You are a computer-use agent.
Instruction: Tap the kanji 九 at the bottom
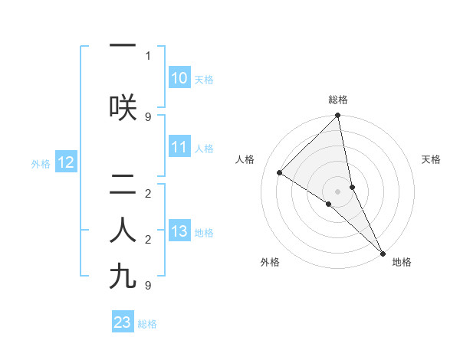[123, 277]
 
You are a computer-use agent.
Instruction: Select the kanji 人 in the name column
[123, 231]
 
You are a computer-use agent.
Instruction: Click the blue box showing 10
[179, 78]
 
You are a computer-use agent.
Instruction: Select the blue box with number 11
[179, 148]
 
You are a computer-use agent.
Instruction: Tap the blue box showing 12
[66, 162]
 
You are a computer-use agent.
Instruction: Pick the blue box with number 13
[179, 232]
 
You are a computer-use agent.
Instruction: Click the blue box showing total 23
[123, 322]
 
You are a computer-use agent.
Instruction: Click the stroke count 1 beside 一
[148, 56]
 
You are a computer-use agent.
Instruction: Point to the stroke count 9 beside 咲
[148, 117]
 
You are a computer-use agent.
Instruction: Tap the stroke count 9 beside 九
[148, 286]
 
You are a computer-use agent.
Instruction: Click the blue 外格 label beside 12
[41, 163]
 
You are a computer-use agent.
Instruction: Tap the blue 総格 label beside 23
[147, 324]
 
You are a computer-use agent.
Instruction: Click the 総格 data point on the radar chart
[337, 116]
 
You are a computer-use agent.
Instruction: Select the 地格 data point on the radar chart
[382, 252]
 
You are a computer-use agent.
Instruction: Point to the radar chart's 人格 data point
[280, 173]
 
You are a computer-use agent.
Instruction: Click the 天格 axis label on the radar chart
[431, 159]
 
